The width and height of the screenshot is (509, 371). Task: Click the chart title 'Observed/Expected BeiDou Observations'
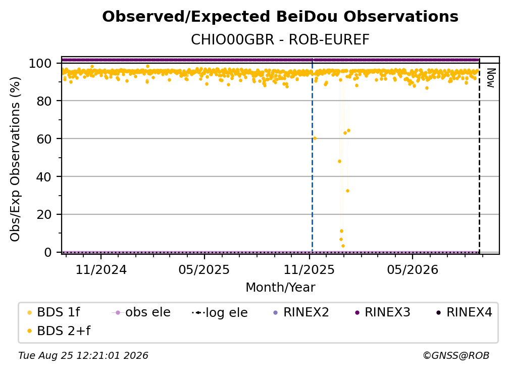[x=280, y=17]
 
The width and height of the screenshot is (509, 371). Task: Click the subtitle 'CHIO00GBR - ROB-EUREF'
[x=280, y=40]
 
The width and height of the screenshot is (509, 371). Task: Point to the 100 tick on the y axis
[x=44, y=63]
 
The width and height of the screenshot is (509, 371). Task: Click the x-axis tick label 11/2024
[x=101, y=269]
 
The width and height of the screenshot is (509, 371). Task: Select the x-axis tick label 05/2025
[x=204, y=269]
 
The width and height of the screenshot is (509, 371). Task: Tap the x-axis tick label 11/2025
[x=309, y=269]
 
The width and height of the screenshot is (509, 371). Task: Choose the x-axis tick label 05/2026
[x=413, y=269]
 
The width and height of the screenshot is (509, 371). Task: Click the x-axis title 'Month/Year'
[x=280, y=288]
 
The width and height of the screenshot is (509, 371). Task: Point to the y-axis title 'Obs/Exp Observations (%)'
[x=15, y=159]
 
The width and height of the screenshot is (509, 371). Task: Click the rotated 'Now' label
[x=490, y=78]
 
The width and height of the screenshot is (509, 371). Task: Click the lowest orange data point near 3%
[x=343, y=246]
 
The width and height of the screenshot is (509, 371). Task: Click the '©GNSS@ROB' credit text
[x=456, y=355]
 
